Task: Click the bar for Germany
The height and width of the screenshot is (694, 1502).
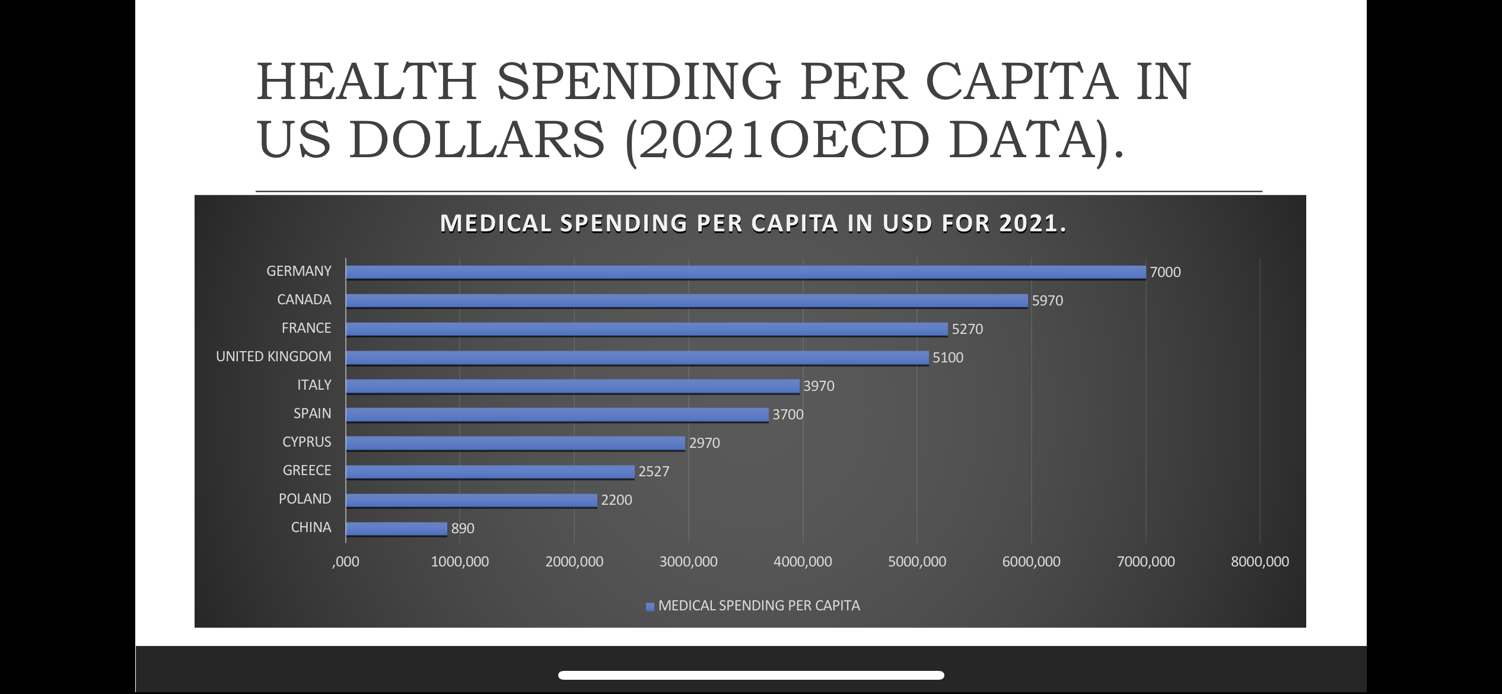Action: [745, 272]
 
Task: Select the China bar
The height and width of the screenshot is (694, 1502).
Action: [396, 529]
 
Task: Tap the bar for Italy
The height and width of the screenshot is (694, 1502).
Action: [572, 386]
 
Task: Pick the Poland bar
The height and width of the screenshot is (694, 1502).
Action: [472, 500]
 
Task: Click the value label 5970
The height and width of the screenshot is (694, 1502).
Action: [1047, 301]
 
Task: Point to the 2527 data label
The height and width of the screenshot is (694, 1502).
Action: [653, 472]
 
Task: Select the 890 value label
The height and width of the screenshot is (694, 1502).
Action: [463, 529]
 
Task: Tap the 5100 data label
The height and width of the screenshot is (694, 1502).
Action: [947, 358]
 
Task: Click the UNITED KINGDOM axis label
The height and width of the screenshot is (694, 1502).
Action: [273, 356]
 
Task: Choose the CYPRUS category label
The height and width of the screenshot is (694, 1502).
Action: [307, 442]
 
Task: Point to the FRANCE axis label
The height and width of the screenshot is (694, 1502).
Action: [306, 328]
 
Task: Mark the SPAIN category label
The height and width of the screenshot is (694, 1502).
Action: [312, 413]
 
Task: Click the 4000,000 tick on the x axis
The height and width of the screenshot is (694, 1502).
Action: [803, 562]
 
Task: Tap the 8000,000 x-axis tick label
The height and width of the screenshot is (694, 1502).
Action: [1259, 562]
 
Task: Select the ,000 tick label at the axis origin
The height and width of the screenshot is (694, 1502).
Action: [346, 562]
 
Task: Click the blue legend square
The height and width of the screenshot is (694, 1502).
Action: [650, 606]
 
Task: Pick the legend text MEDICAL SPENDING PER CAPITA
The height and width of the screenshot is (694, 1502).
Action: [759, 606]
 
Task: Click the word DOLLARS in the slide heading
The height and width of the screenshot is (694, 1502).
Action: [477, 141]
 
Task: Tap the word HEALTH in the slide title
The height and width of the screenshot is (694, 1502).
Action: [367, 81]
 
